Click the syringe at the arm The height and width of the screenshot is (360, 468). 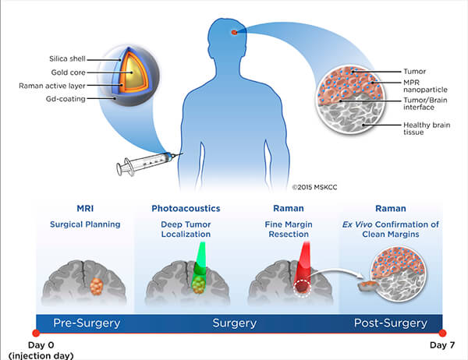click(144, 162)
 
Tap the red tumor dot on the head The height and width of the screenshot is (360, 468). click(234, 32)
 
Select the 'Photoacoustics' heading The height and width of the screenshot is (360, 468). click(185, 209)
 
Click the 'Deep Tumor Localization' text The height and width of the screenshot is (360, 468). click(185, 231)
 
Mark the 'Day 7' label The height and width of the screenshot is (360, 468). click(443, 344)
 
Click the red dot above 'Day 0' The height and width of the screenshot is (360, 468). click(35, 333)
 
